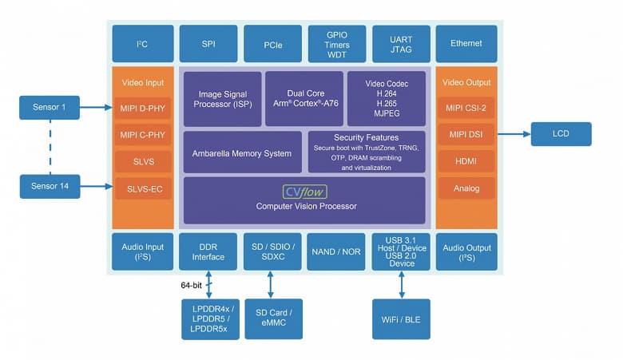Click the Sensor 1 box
pyautogui.click(x=50, y=107)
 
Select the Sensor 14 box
pyautogui.click(x=50, y=187)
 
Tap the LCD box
pyautogui.click(x=561, y=133)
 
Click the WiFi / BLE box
pyautogui.click(x=401, y=318)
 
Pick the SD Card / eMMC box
pyautogui.click(x=273, y=318)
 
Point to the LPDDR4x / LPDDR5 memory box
pyautogui.click(x=210, y=318)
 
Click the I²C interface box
pyautogui.click(x=142, y=43)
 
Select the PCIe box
pyautogui.click(x=272, y=43)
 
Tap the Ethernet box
pyautogui.click(x=466, y=43)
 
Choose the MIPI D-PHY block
pyautogui.click(x=142, y=107)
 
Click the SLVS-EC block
pyautogui.click(x=142, y=188)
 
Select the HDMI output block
pyautogui.click(x=466, y=160)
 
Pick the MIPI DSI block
pyautogui.click(x=466, y=133)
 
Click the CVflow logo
pyautogui.click(x=306, y=192)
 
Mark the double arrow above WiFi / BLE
pyautogui.click(x=401, y=284)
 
